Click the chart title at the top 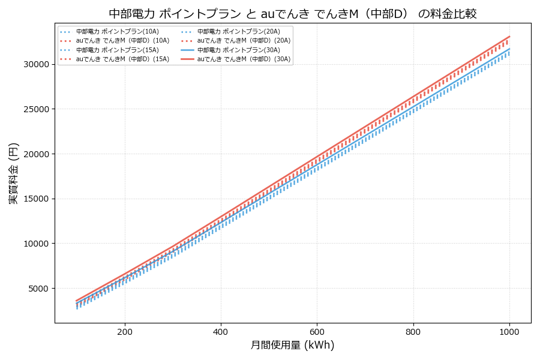point(293,13)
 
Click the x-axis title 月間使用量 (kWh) point(292,345)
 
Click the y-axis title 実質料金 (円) point(14,173)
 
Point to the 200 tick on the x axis point(125,332)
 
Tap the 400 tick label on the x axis point(221,332)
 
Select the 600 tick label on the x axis point(317,332)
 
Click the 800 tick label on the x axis point(413,332)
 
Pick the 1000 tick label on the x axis point(509,332)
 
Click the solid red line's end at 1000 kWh point(509,36)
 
